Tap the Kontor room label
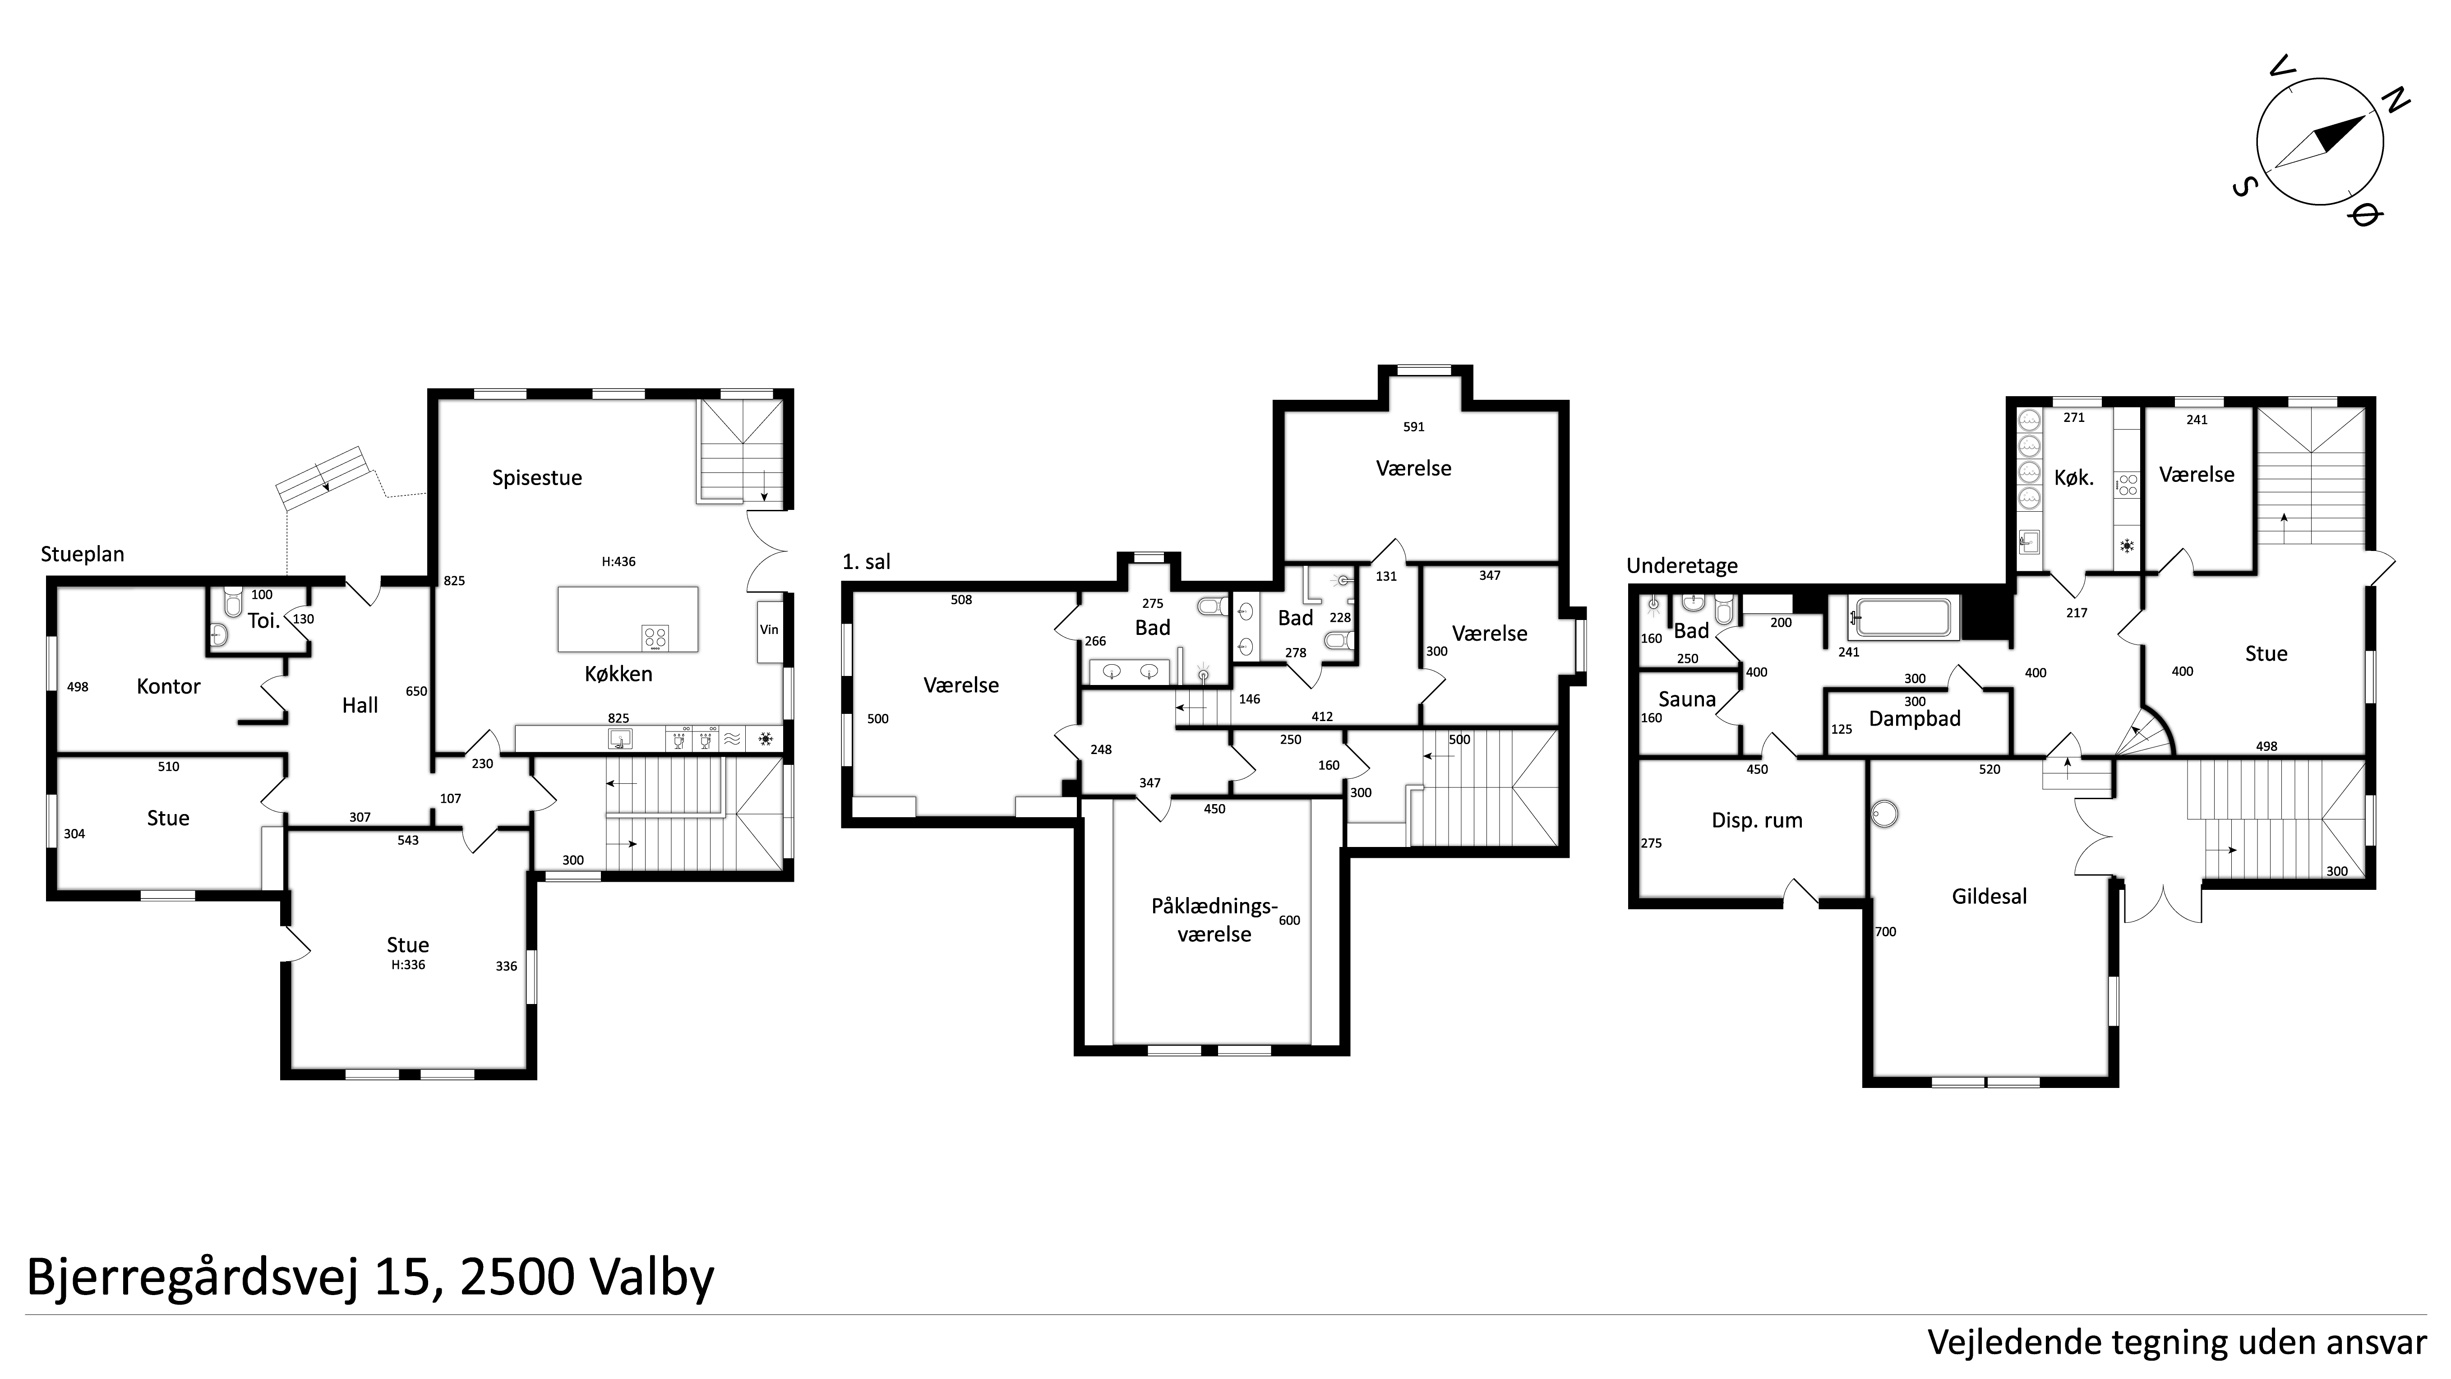click(168, 686)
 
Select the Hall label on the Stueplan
click(360, 705)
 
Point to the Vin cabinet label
click(769, 629)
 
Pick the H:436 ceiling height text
click(619, 561)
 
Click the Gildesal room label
click(1989, 897)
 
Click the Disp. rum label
click(1757, 820)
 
